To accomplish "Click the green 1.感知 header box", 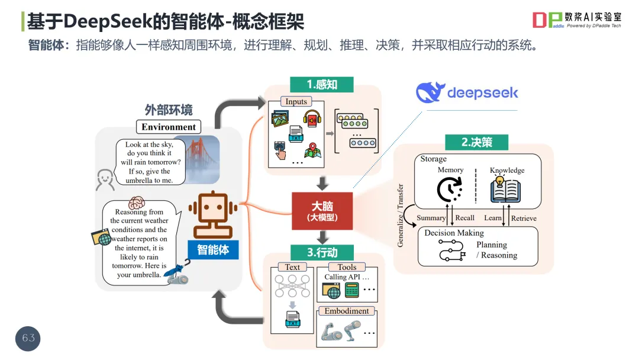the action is [321, 85].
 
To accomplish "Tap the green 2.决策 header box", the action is [476, 142].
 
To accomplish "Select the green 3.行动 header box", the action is [322, 252].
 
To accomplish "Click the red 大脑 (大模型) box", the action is [322, 211].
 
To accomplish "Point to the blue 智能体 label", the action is [213, 249].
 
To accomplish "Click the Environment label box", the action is [169, 127].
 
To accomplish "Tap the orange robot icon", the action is [213, 214].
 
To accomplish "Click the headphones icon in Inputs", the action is [312, 118].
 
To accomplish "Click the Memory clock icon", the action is [449, 189].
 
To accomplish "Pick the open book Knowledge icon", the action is [505, 190].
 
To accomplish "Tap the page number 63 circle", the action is [28, 339].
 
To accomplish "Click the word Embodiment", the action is [346, 311].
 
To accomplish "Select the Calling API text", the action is [343, 277].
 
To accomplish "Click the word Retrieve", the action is [524, 218].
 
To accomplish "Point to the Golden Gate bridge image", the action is [201, 159].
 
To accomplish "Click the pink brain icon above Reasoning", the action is [137, 202].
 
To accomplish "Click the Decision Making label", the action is [454, 233].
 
